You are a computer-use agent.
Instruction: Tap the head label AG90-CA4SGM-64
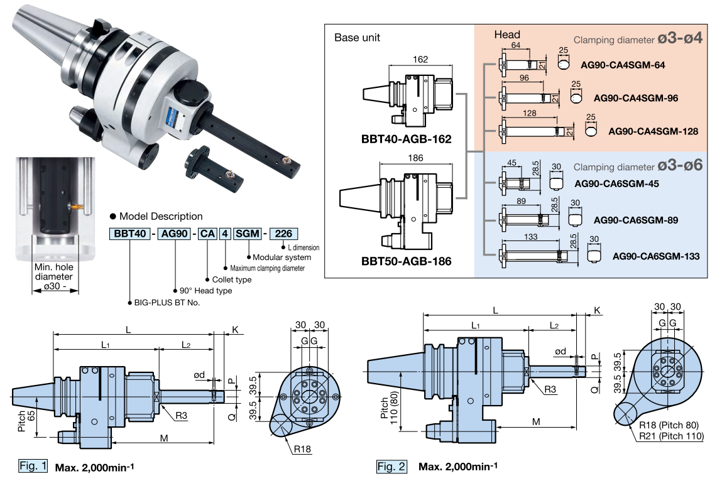pos(623,65)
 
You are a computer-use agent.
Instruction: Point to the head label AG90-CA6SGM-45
pos(617,184)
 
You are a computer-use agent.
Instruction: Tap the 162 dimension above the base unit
pos(421,60)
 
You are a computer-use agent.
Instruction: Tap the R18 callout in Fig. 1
pos(302,449)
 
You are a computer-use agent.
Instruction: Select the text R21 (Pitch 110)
pos(671,436)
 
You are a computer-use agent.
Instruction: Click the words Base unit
pos(357,38)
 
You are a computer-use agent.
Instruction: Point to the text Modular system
pos(282,257)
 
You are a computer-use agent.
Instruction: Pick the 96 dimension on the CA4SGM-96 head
pos(525,78)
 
